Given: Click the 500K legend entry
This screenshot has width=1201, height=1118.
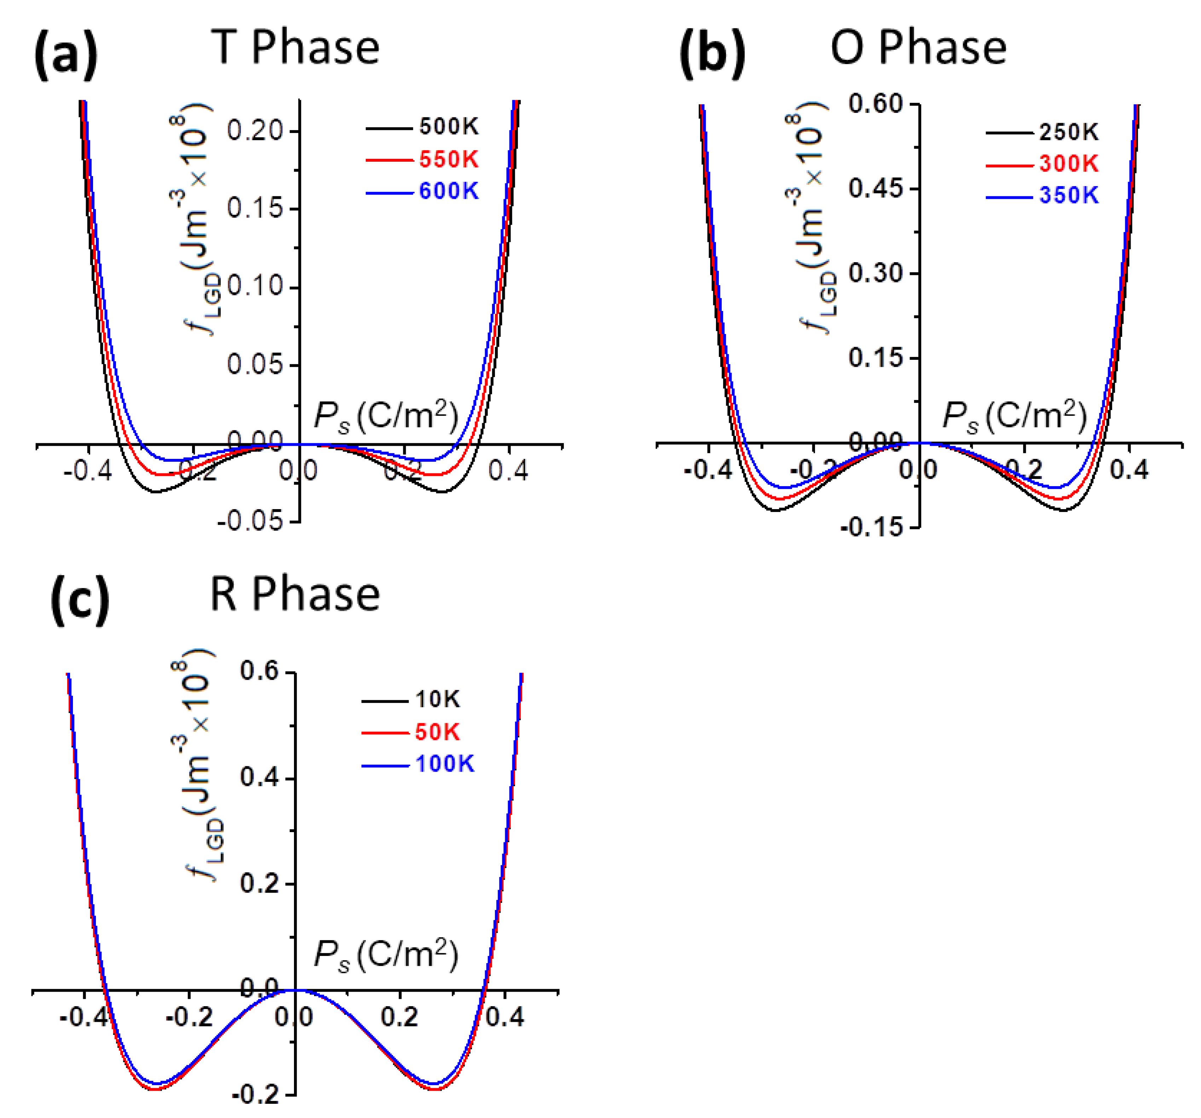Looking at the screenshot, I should (x=448, y=127).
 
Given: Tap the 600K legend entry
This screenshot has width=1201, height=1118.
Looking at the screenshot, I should (x=448, y=191).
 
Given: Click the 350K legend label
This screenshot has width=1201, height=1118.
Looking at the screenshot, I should (x=1068, y=196).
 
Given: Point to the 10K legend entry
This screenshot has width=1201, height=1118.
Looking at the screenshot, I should (x=437, y=700).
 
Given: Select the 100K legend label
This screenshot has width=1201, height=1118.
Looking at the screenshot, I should (x=445, y=765).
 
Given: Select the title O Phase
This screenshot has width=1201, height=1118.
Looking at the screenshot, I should (x=918, y=48).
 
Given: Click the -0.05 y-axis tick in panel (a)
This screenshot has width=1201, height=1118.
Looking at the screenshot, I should (x=250, y=521).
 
